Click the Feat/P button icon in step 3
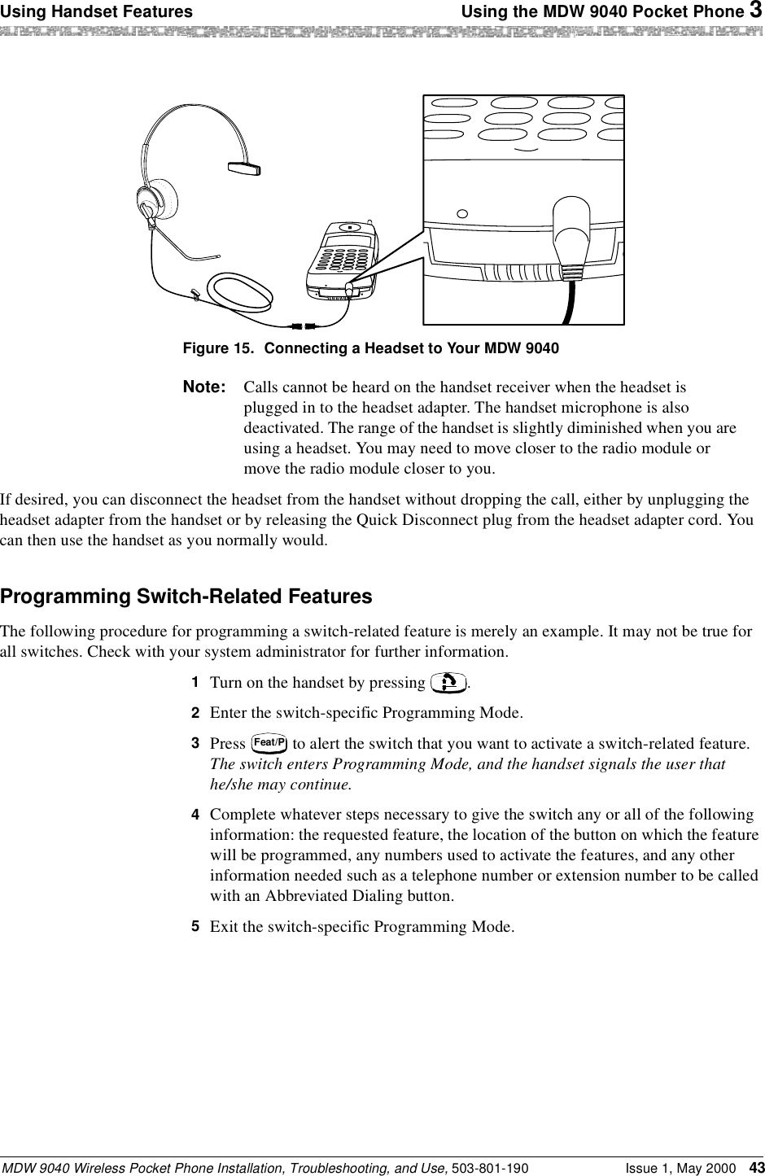point(269,743)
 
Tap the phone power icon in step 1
point(448,682)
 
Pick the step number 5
point(195,927)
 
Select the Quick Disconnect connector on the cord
point(303,326)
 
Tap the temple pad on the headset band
point(244,168)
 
